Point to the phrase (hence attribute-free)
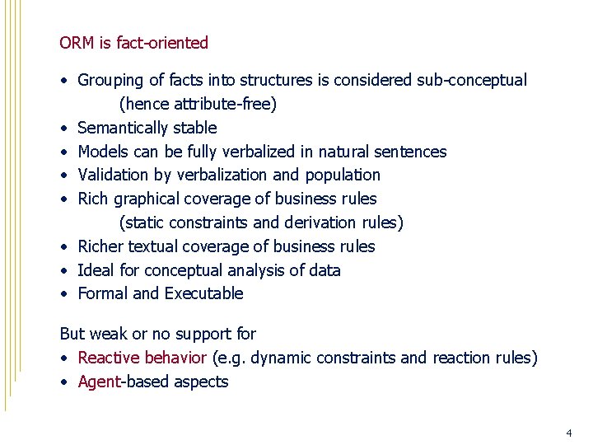pos(198,105)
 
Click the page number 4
pos(568,433)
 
